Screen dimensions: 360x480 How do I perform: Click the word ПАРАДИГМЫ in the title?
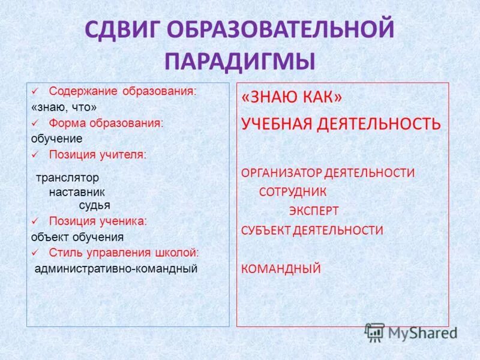[x=240, y=62]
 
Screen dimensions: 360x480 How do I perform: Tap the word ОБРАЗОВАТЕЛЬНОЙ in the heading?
[x=285, y=31]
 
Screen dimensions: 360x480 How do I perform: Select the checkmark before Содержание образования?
[x=35, y=92]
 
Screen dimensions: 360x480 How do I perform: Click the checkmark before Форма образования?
[x=35, y=123]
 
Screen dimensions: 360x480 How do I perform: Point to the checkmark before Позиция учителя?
[x=35, y=154]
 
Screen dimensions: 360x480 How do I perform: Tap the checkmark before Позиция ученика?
[x=35, y=221]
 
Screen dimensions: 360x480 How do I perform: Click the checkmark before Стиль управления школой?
[x=35, y=252]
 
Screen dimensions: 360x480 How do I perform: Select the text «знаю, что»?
[x=64, y=107]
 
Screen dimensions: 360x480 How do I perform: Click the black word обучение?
[x=56, y=139]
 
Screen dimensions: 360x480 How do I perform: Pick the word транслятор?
[x=67, y=178]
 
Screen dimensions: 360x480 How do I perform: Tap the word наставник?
[x=77, y=192]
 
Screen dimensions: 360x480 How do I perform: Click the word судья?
[x=94, y=205]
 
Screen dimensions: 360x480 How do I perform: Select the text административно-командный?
[x=116, y=268]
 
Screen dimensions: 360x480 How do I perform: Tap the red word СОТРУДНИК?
[x=293, y=192]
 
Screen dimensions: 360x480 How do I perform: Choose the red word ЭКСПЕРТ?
[x=314, y=211]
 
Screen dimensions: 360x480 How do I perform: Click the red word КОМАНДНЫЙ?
[x=281, y=268]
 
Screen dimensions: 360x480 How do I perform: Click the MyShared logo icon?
[x=375, y=332]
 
